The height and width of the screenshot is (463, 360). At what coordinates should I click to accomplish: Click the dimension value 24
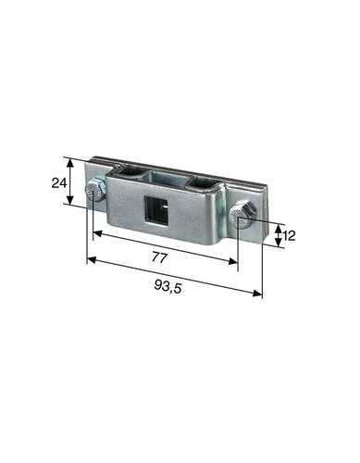point(59,183)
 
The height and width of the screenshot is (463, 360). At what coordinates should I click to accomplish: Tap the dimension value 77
point(159,257)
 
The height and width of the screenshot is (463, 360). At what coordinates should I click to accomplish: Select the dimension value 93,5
point(168,287)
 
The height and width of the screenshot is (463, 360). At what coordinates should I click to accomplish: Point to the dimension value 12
point(289,236)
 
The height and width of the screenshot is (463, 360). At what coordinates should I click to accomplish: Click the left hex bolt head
point(95,190)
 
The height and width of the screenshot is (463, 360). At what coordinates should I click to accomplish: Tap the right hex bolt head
point(242,215)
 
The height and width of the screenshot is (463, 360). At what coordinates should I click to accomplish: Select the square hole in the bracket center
point(155,210)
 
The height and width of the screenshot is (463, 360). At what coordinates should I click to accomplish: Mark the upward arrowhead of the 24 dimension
point(71,163)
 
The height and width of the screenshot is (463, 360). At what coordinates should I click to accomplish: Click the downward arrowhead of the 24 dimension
point(71,200)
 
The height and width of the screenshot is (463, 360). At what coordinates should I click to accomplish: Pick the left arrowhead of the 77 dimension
point(97,233)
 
